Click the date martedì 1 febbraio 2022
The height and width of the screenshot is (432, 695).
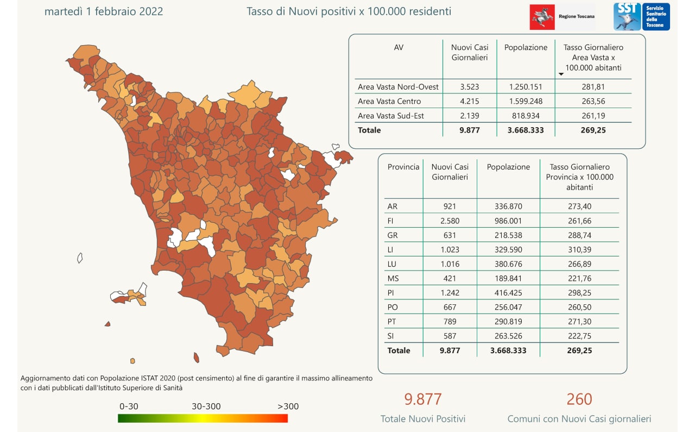[103, 11]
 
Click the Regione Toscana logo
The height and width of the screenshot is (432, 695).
[562, 16]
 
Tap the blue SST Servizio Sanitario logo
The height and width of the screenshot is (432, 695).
[641, 16]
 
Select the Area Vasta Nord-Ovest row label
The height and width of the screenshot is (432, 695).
[398, 86]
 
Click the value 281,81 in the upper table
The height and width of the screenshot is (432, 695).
[593, 86]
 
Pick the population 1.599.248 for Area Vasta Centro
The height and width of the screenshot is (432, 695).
[526, 101]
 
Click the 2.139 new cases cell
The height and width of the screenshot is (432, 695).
[469, 116]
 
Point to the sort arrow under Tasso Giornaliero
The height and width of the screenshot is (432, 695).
[561, 74]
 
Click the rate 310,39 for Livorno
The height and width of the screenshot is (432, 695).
[579, 249]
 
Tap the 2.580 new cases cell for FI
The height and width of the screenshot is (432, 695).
[450, 221]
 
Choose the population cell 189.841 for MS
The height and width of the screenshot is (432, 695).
[508, 278]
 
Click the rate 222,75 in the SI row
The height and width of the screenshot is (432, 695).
[579, 336]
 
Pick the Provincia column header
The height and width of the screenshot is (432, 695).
[403, 167]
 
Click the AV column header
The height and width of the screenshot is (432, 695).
[399, 47]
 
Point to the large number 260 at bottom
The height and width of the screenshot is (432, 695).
[579, 399]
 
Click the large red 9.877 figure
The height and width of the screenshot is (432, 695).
[422, 399]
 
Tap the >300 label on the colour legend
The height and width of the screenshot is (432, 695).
[288, 406]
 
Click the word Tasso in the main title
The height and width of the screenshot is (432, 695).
[260, 11]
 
